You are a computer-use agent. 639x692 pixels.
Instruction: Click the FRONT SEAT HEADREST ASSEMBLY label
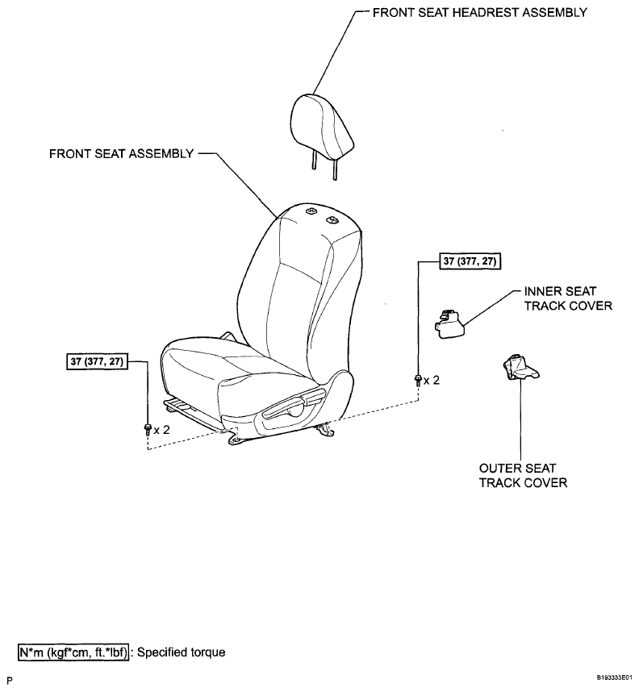[x=479, y=12]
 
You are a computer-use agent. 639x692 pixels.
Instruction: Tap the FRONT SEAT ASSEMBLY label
[x=122, y=153]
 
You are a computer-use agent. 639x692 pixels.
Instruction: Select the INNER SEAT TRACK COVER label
[x=568, y=298]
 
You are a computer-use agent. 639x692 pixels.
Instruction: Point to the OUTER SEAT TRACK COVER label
[x=523, y=475]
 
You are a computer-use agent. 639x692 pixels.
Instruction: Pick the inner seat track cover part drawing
[x=450, y=324]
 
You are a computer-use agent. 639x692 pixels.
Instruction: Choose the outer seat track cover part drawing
[x=520, y=367]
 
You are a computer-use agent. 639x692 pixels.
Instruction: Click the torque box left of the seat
[x=97, y=361]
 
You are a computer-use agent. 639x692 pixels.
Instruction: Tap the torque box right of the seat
[x=470, y=261]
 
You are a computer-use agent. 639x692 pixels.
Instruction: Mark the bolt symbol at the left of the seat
[x=148, y=429]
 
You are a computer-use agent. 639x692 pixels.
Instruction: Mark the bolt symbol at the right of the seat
[x=417, y=381]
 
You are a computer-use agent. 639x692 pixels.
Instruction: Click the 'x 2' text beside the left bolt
[x=161, y=430]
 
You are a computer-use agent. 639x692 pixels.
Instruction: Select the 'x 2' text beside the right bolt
[x=432, y=381]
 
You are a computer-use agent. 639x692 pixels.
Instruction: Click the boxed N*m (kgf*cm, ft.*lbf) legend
[x=73, y=652]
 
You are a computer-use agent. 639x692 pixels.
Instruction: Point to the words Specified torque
[x=181, y=652]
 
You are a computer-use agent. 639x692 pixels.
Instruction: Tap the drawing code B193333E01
[x=615, y=677]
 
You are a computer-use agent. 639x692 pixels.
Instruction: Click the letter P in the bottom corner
[x=10, y=681]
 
